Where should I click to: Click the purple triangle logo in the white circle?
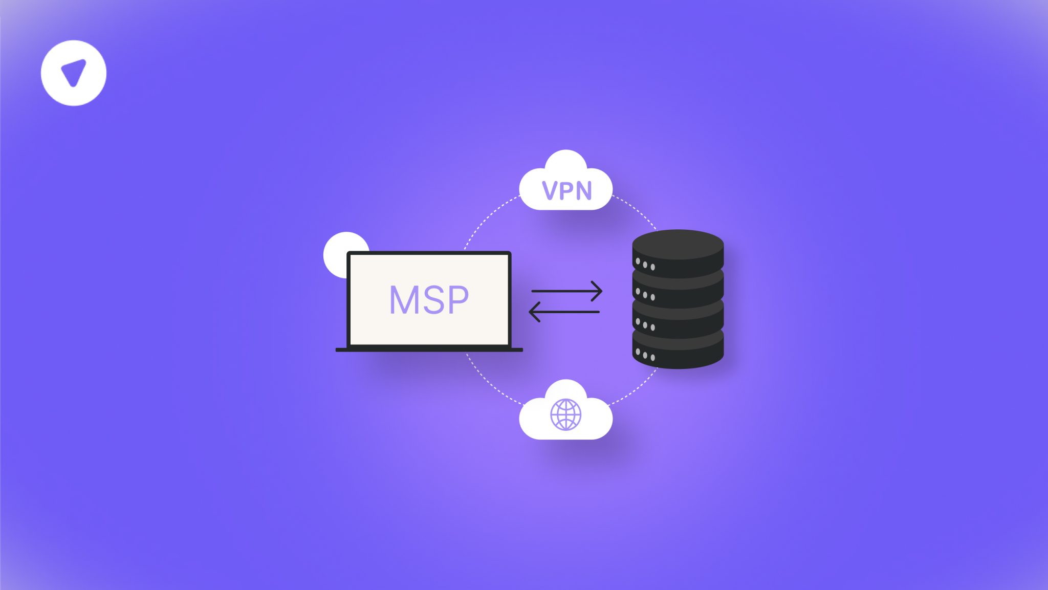[74, 73]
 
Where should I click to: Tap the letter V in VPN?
[551, 191]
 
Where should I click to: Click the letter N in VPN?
[583, 191]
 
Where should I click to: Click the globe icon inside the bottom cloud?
[565, 414]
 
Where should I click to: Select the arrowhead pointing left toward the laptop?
[534, 312]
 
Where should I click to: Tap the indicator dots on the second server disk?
[645, 295]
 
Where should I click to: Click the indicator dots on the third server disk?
[645, 325]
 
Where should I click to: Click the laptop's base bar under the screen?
[429, 350]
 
